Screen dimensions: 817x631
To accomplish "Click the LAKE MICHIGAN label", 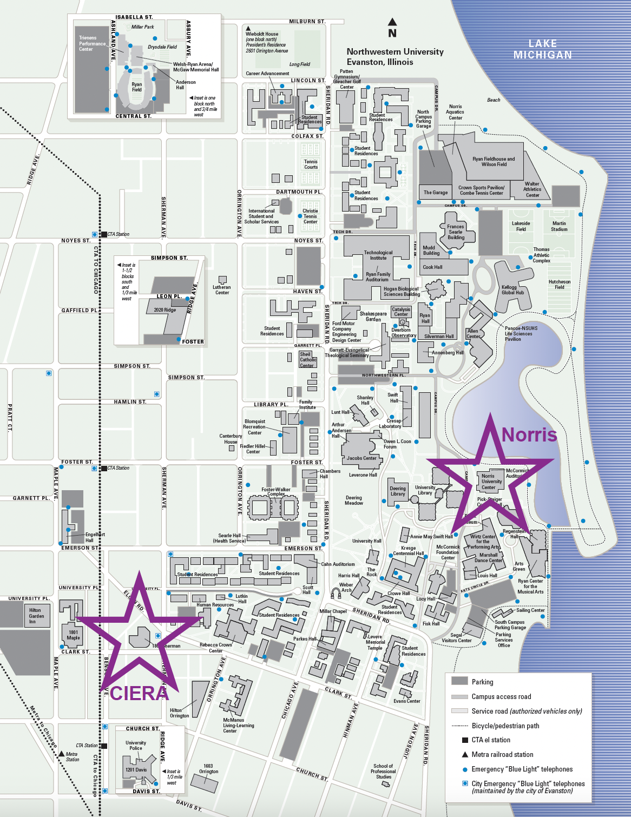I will [x=542, y=49].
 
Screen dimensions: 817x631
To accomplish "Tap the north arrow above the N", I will [x=392, y=22].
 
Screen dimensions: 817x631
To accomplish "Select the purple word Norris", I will [x=529, y=434].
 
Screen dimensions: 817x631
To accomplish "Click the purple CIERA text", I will [x=139, y=693].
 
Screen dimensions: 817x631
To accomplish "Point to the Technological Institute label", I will [x=378, y=255].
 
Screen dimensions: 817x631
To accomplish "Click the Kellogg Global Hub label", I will [x=512, y=290].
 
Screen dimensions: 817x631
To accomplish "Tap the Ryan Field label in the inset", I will [x=137, y=87].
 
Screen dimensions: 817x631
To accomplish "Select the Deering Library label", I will [x=398, y=491].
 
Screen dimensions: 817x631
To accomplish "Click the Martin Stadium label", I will [x=559, y=226].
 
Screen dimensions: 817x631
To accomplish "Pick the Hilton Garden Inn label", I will [x=36, y=616].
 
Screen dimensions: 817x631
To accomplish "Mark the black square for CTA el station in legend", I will [x=464, y=740].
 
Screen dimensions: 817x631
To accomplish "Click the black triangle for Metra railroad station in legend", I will [x=464, y=754].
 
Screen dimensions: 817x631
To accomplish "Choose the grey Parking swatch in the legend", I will [x=459, y=681].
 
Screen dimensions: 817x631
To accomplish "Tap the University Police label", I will [x=136, y=746].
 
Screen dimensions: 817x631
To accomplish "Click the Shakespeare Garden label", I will [x=373, y=317].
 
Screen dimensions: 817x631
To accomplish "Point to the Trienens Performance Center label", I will [x=92, y=44].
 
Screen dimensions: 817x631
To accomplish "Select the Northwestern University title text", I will [x=395, y=52].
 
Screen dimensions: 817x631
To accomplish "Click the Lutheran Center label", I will [x=222, y=290].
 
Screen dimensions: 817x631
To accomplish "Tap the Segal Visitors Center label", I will [x=457, y=638].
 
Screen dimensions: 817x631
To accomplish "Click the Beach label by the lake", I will [x=494, y=100].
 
